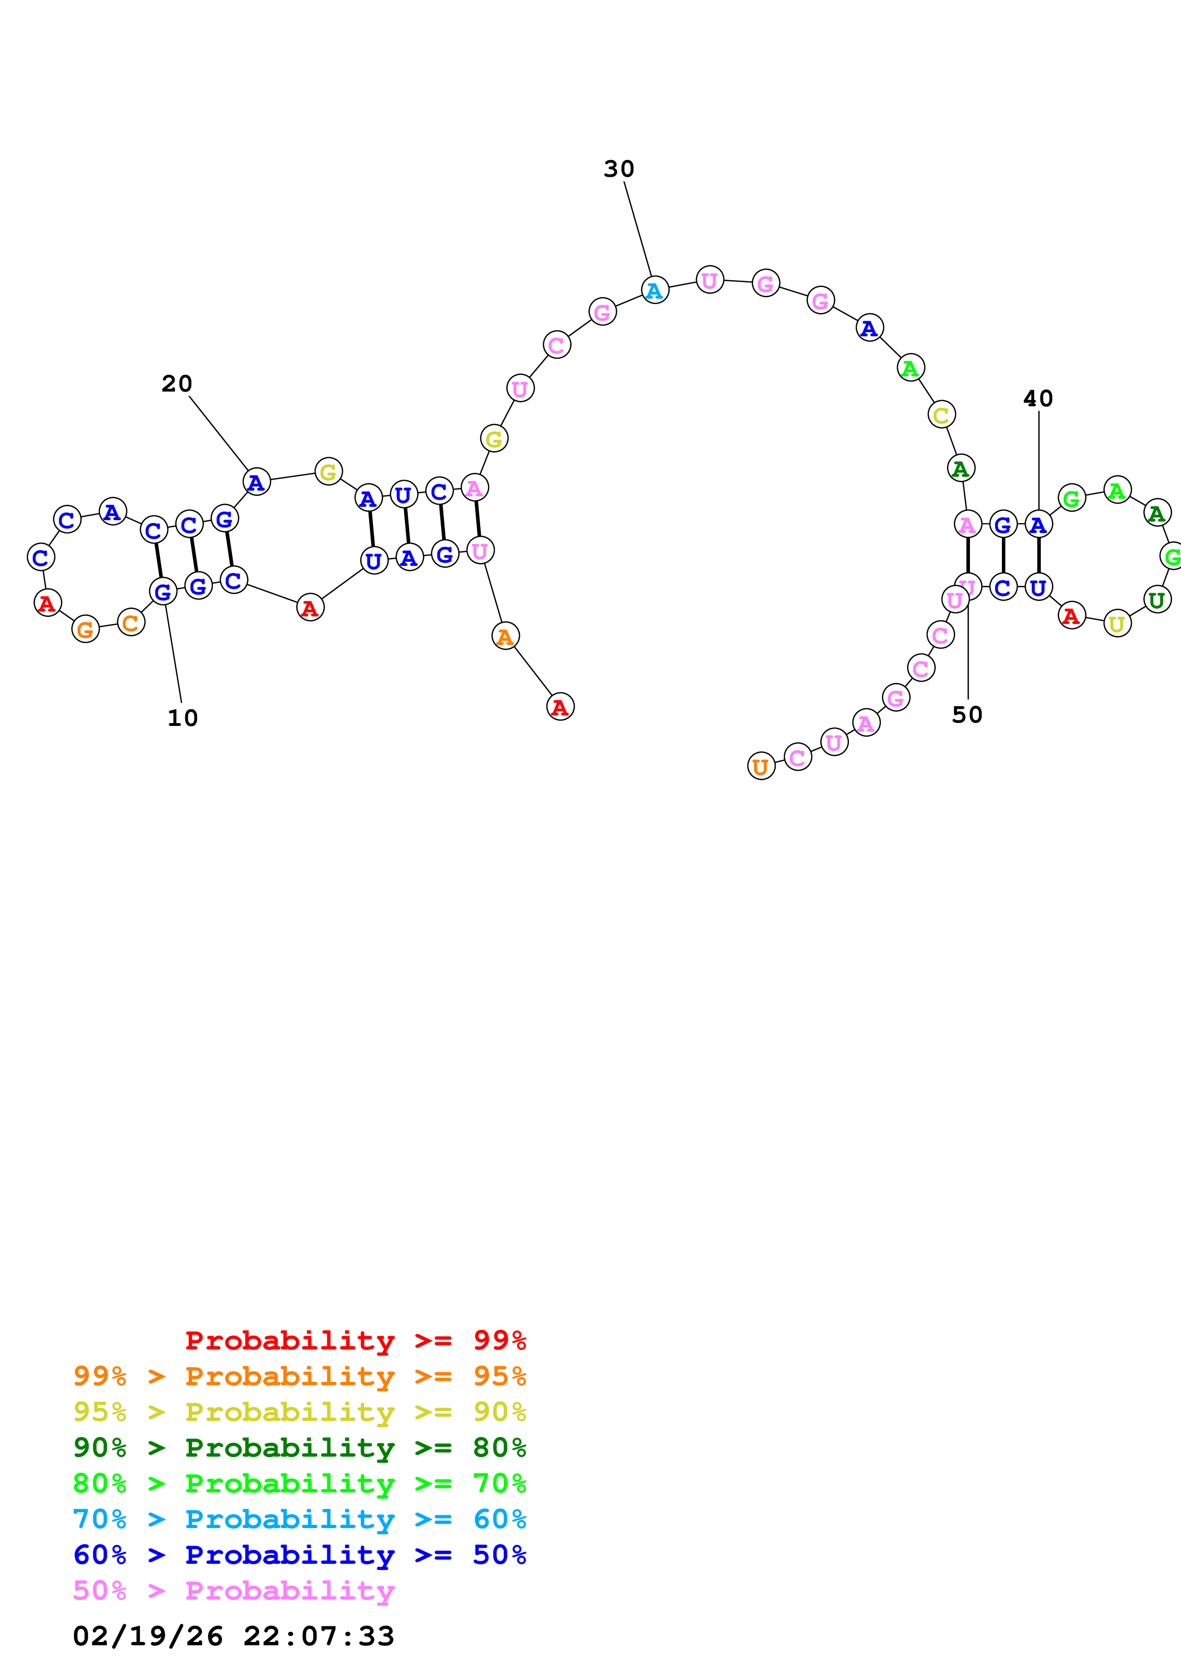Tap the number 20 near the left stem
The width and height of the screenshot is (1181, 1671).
point(177,383)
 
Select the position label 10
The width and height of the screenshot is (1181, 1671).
point(182,718)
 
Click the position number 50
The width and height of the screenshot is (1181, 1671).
point(967,715)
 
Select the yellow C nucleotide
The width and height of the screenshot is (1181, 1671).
point(941,415)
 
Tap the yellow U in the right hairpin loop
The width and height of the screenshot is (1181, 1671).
point(1117,624)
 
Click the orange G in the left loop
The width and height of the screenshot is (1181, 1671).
point(86,630)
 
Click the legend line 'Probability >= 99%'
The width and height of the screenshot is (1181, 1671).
point(355,1340)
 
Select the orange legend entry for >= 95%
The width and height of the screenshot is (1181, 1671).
point(300,1376)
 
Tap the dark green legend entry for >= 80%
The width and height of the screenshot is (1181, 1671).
point(300,1448)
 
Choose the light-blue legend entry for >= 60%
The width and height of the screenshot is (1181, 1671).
point(300,1519)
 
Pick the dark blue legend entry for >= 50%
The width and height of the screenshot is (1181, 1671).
point(300,1555)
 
